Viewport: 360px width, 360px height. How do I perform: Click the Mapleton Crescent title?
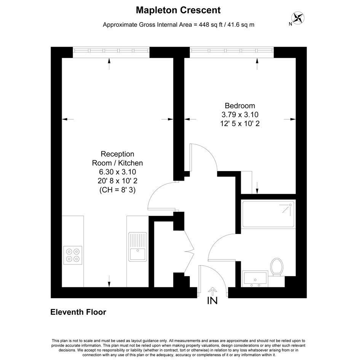[178, 10]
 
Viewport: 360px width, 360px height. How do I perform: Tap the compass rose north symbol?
[298, 18]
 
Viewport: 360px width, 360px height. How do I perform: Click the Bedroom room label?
[240, 106]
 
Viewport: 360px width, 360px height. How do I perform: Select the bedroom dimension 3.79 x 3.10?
[240, 115]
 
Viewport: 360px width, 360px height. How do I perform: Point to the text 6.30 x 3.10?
[117, 172]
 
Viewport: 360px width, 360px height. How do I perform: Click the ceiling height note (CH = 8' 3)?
[117, 190]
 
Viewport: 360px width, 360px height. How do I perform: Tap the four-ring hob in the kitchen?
[73, 255]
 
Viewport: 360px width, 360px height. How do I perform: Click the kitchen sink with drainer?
[138, 247]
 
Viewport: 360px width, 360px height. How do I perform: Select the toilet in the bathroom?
[277, 267]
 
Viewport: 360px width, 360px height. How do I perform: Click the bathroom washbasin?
[255, 279]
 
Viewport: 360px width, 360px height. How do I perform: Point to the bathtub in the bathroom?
[268, 214]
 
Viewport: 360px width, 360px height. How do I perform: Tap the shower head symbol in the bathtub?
[287, 208]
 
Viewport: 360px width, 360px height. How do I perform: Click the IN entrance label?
[212, 301]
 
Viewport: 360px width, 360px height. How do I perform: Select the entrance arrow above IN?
[213, 291]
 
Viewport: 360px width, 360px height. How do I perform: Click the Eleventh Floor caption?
[78, 312]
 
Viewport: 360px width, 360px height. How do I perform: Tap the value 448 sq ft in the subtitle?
[211, 24]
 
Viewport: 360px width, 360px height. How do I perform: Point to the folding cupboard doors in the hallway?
[189, 251]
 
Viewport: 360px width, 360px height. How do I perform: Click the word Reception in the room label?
[117, 154]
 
